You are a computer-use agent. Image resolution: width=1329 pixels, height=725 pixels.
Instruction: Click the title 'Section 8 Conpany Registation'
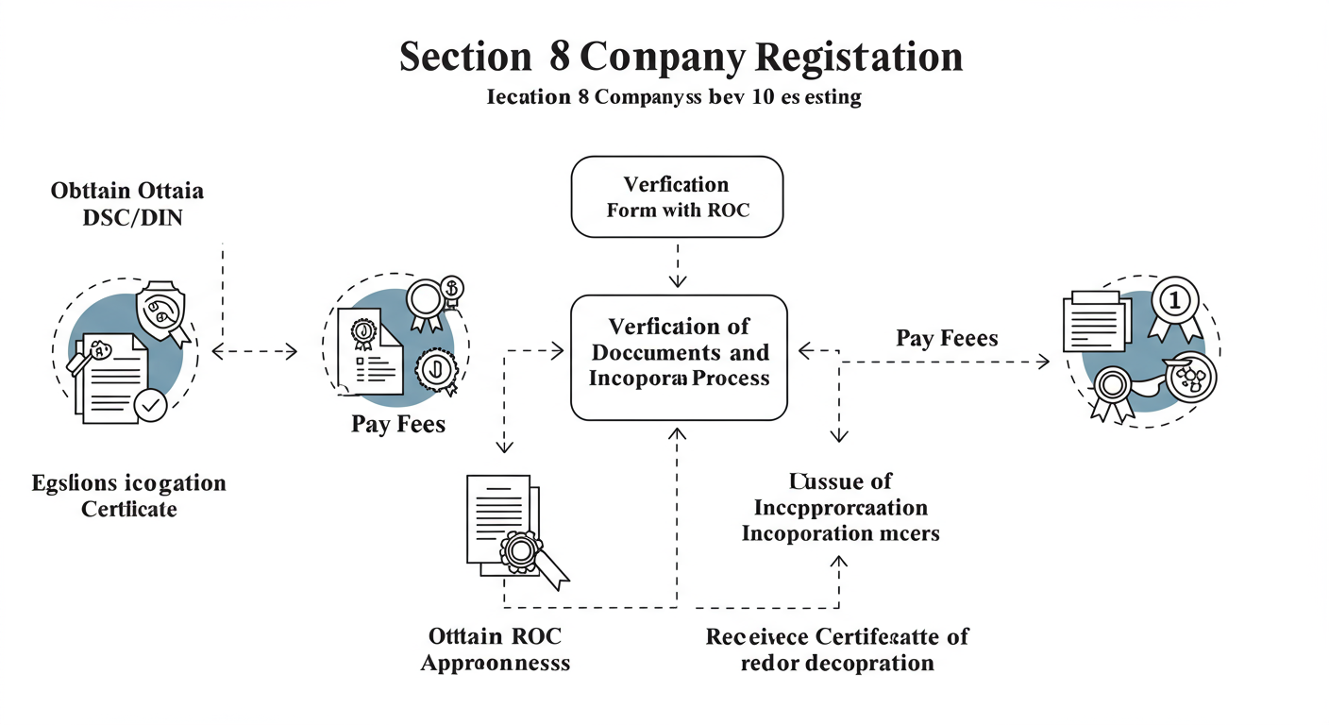(681, 57)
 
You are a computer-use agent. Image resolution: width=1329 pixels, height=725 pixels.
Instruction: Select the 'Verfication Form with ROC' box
(677, 196)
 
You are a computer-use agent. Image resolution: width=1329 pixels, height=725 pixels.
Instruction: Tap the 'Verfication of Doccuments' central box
(679, 357)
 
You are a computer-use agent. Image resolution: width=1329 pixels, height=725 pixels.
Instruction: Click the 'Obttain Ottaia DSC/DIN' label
(126, 204)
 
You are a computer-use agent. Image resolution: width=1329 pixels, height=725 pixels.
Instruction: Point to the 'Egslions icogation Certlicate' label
(128, 496)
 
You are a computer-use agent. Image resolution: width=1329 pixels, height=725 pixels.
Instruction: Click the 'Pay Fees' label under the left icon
(398, 424)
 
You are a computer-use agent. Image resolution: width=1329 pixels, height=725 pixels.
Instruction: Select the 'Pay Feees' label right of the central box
(947, 338)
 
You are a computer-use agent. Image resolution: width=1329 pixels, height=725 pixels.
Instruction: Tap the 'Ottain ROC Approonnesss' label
(495, 649)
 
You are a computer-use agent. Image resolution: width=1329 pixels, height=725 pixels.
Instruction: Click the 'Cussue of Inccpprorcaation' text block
(840, 508)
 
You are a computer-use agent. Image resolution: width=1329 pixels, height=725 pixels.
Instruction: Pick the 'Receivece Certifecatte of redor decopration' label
(837, 649)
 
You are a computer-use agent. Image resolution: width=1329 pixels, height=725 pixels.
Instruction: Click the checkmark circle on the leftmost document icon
(150, 406)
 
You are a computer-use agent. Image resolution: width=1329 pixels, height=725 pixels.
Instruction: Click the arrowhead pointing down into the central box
(677, 280)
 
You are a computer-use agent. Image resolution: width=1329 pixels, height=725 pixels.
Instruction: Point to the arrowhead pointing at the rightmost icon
(1043, 361)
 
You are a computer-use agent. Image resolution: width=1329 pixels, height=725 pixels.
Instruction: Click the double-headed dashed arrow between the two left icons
(255, 352)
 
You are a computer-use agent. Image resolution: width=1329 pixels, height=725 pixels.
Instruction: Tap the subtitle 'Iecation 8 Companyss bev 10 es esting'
(674, 97)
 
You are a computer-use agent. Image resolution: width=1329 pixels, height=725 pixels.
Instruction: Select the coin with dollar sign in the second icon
(452, 287)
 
